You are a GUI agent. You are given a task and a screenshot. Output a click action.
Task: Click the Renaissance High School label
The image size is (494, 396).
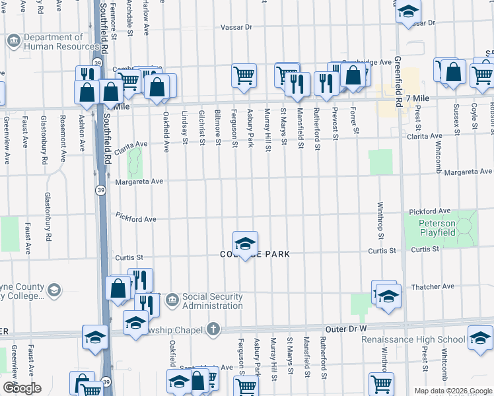(413, 340)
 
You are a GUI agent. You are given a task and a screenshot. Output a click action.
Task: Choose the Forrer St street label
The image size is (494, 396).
(355, 121)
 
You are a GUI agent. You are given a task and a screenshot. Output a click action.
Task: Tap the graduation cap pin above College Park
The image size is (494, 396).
(244, 244)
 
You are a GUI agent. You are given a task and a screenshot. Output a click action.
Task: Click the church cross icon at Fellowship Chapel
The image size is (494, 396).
(213, 328)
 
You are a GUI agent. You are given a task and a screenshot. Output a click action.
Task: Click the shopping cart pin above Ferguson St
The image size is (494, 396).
(244, 75)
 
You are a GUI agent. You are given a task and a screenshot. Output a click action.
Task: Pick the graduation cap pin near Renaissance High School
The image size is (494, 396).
(479, 338)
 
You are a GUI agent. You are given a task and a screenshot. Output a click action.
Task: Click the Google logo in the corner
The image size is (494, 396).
(22, 388)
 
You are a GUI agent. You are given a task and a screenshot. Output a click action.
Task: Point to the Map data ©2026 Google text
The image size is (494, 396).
(452, 391)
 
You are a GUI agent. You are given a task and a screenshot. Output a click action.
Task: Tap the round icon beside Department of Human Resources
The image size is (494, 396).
(13, 42)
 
